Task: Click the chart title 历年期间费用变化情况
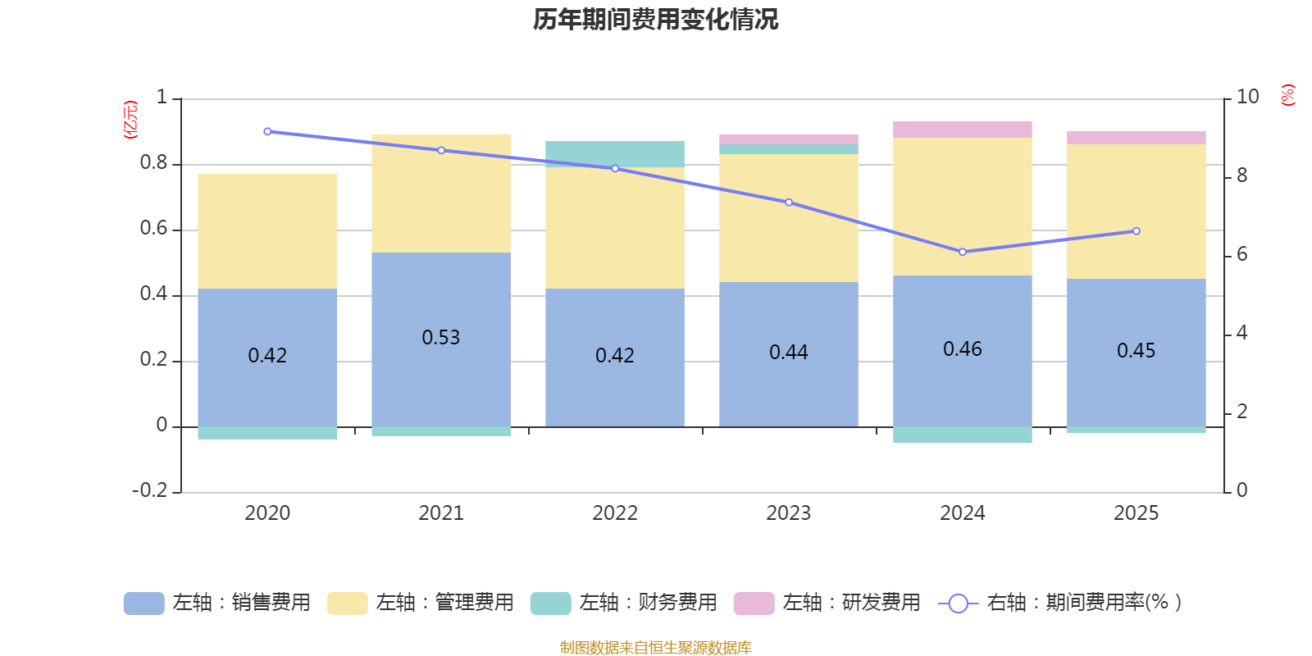[x=655, y=20]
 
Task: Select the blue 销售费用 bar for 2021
[x=441, y=377]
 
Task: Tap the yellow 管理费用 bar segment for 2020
[x=267, y=231]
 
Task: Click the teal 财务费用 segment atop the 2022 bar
[x=615, y=154]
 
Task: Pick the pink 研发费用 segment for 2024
[x=962, y=130]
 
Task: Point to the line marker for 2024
[x=962, y=252]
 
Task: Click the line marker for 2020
[x=267, y=131]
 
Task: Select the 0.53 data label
[x=441, y=338]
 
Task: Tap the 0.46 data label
[x=962, y=349]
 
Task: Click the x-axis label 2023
[x=788, y=513]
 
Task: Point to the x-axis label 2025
[x=1136, y=513]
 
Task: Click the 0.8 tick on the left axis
[x=153, y=163]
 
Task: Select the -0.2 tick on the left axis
[x=149, y=490]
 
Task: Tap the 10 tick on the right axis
[x=1247, y=97]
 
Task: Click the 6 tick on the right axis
[x=1241, y=254]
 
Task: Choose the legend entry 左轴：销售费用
[x=217, y=603]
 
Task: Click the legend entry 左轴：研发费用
[x=827, y=603]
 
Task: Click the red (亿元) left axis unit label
[x=130, y=120]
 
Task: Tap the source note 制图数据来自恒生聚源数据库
[x=655, y=648]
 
